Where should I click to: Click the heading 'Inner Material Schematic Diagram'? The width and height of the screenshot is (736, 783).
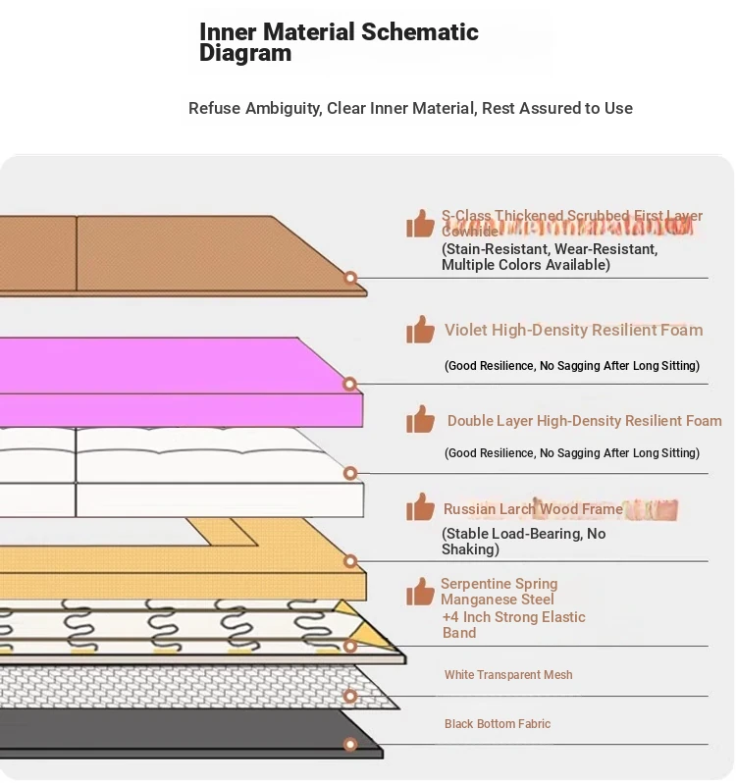pos(339,42)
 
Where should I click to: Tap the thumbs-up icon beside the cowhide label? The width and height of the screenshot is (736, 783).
pos(421,224)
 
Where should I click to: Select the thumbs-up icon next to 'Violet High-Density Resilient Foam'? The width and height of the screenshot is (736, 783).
pos(421,330)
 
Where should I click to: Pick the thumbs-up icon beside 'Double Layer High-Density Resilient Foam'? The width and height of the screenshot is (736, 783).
pos(421,420)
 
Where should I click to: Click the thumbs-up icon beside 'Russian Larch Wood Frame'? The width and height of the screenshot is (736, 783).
pos(421,508)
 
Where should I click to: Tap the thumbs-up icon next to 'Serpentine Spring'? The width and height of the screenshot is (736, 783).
pos(421,592)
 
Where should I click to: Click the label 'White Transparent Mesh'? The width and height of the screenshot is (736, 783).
pos(508,675)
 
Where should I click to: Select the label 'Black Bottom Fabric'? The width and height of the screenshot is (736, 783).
pos(498,724)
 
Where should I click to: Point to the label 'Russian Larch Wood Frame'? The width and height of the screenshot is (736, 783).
pos(533,509)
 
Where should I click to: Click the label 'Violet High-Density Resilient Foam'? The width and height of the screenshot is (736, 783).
pos(573,331)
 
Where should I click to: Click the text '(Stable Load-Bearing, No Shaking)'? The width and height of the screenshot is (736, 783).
pos(523,542)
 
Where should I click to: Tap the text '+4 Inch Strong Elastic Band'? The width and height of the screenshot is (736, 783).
pos(513,625)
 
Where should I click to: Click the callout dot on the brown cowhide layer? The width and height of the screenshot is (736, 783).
pos(350,279)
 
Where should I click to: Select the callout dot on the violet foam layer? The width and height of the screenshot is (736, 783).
pos(350,384)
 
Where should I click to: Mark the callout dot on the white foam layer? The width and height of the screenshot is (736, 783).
pos(350,474)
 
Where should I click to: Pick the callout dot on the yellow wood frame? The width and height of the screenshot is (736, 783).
pos(350,561)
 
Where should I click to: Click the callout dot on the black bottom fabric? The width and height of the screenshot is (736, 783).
pos(350,745)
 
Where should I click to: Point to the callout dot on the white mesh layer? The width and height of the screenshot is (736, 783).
pos(350,696)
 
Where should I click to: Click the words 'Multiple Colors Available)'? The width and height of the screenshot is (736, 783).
pos(525,265)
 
